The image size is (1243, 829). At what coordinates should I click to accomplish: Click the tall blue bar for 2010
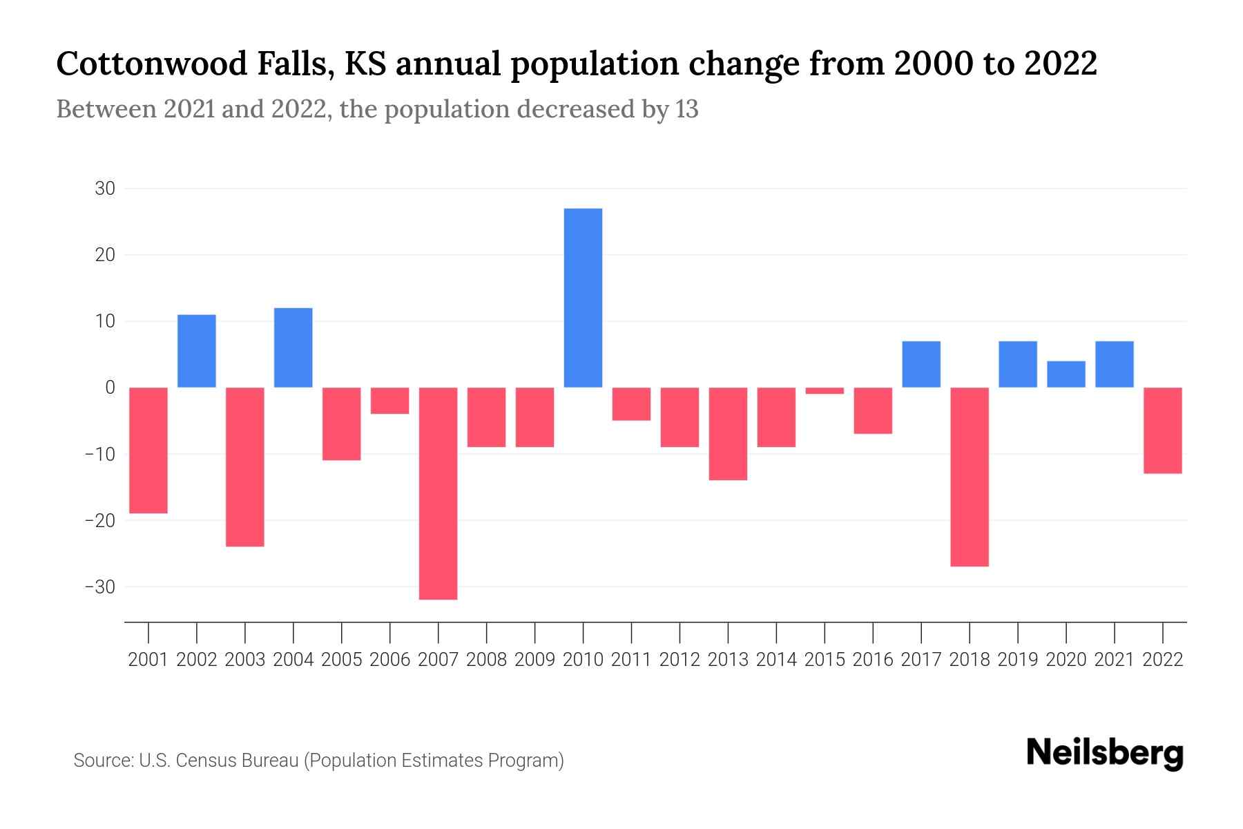click(x=583, y=298)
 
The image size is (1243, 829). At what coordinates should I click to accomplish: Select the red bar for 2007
click(x=438, y=493)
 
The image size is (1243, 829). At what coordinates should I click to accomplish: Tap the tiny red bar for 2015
click(x=825, y=391)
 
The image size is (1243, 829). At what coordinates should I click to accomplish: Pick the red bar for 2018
click(x=970, y=477)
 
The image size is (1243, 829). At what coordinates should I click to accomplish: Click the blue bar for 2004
click(x=293, y=347)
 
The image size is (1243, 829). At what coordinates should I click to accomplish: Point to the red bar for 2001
click(x=148, y=450)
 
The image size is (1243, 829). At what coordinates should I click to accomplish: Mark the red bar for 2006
click(x=389, y=401)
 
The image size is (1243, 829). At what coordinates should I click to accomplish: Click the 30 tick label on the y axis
click(x=104, y=189)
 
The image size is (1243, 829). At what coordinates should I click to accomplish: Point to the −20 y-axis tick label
click(x=100, y=521)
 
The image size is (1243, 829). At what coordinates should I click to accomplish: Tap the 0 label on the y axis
click(x=110, y=388)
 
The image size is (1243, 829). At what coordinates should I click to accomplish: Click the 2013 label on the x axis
click(x=728, y=660)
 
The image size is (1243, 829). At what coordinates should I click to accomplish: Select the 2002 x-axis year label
click(x=197, y=660)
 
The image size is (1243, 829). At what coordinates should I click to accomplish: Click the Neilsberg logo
click(x=1105, y=754)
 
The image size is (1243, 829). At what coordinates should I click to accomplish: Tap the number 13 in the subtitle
click(x=686, y=109)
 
